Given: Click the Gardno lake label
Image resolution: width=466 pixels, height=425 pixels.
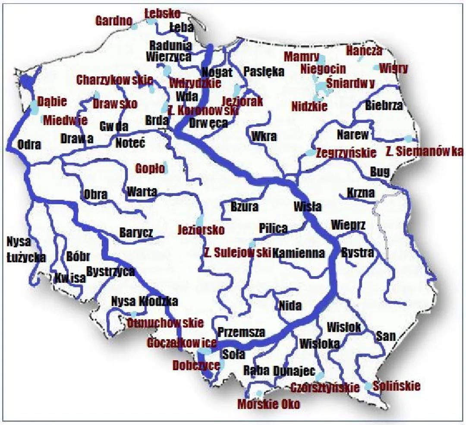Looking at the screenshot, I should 114,21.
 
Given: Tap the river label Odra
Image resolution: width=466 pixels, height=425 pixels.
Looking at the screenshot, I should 29,145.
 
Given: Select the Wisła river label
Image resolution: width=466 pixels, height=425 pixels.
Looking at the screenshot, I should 307,207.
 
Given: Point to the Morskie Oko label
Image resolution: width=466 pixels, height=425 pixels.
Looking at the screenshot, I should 269,404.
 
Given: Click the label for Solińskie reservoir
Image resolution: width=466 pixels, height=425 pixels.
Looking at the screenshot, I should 397,385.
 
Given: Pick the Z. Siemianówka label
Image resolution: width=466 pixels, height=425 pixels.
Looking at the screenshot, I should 423,151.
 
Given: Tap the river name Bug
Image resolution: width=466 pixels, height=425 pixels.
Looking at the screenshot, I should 380,172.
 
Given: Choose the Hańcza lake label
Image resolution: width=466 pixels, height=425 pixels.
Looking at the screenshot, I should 364,51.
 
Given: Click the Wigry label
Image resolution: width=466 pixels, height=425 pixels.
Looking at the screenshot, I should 393,68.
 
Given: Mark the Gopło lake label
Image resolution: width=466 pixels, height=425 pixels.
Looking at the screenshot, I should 150,168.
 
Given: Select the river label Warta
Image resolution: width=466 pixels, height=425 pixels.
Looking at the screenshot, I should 142,191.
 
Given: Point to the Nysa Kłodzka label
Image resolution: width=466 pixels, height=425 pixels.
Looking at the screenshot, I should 144,301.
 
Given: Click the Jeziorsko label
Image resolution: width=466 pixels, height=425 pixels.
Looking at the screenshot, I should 201,230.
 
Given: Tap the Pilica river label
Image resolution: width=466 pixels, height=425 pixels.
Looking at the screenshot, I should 273,228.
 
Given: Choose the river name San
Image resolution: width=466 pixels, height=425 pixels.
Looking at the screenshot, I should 385,336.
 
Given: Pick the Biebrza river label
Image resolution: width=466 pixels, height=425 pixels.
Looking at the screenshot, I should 384,105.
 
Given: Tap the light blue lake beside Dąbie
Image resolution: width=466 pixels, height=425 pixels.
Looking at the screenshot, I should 34,107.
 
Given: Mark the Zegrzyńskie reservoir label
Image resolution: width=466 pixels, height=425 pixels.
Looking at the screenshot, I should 346,153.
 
